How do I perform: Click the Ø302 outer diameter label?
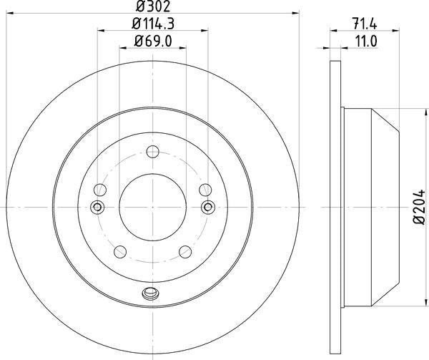click(x=151, y=7)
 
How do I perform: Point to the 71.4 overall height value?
click(x=365, y=24)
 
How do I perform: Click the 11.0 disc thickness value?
click(x=365, y=43)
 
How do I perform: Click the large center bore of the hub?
click(x=152, y=207)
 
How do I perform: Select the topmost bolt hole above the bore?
click(x=152, y=151)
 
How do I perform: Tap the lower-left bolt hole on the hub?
click(x=119, y=251)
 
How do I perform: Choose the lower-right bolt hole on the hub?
click(x=185, y=251)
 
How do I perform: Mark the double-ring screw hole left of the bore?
click(x=97, y=207)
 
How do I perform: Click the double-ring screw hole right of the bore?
click(x=207, y=207)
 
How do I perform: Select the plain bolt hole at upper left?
click(x=100, y=190)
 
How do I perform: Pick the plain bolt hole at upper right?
click(x=204, y=190)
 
